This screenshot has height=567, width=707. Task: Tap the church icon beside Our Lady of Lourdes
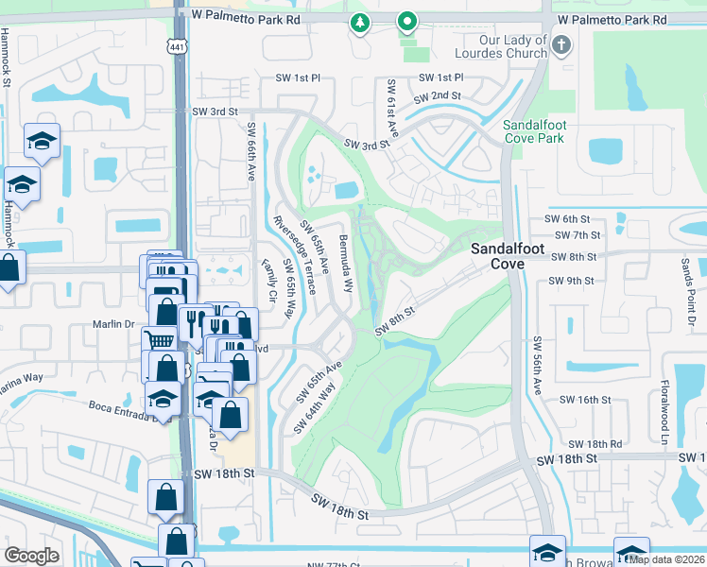click(x=560, y=44)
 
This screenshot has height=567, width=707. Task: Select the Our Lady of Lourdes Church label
click(x=513, y=47)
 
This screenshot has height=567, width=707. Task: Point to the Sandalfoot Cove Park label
click(x=533, y=131)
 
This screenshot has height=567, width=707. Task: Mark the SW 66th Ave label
click(x=252, y=151)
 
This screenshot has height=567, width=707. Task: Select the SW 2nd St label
click(x=438, y=95)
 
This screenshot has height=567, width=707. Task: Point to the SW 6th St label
click(x=567, y=219)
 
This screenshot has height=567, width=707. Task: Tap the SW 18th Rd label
click(x=595, y=443)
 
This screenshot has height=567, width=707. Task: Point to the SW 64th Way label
click(x=315, y=405)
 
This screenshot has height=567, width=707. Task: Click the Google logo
click(x=32, y=556)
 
